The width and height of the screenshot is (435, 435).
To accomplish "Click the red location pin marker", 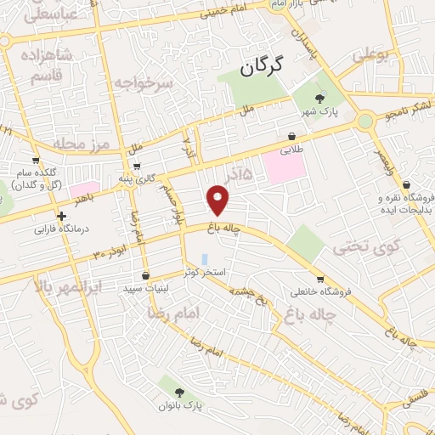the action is (218, 201).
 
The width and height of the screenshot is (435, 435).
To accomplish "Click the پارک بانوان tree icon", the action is (178, 392).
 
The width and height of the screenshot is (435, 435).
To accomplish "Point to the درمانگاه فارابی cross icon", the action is (62, 216).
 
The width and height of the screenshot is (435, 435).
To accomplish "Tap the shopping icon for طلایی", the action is (292, 136).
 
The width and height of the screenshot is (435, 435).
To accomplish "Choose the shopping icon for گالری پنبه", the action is (136, 167).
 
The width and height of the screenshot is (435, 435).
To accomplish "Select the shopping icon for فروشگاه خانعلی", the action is (319, 279).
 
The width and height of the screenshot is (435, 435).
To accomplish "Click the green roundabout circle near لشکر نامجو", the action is (365, 121).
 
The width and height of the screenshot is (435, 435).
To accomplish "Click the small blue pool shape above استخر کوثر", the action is (204, 258).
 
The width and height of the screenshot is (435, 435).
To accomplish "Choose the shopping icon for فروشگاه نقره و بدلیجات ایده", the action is (406, 184).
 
